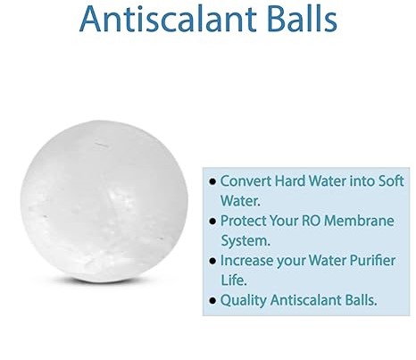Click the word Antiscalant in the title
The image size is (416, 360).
click(x=157, y=19)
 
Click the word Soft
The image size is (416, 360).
click(x=387, y=181)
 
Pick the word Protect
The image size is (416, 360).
click(x=242, y=221)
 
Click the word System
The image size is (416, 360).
click(x=245, y=240)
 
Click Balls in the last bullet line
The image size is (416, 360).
click(x=362, y=301)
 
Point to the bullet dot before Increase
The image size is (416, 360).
click(x=212, y=262)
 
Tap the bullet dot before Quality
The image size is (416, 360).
click(x=212, y=302)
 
